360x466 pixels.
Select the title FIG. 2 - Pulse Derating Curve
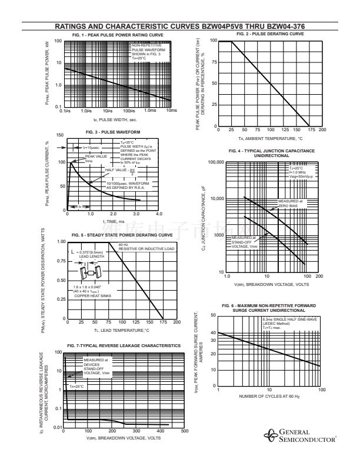coord(270,34)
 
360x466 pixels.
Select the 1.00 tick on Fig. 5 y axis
coord(61,242)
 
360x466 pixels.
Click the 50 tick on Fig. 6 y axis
coord(212,315)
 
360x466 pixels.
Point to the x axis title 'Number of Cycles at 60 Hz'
coord(269,396)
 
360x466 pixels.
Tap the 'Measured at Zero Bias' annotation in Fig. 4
coord(292,203)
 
